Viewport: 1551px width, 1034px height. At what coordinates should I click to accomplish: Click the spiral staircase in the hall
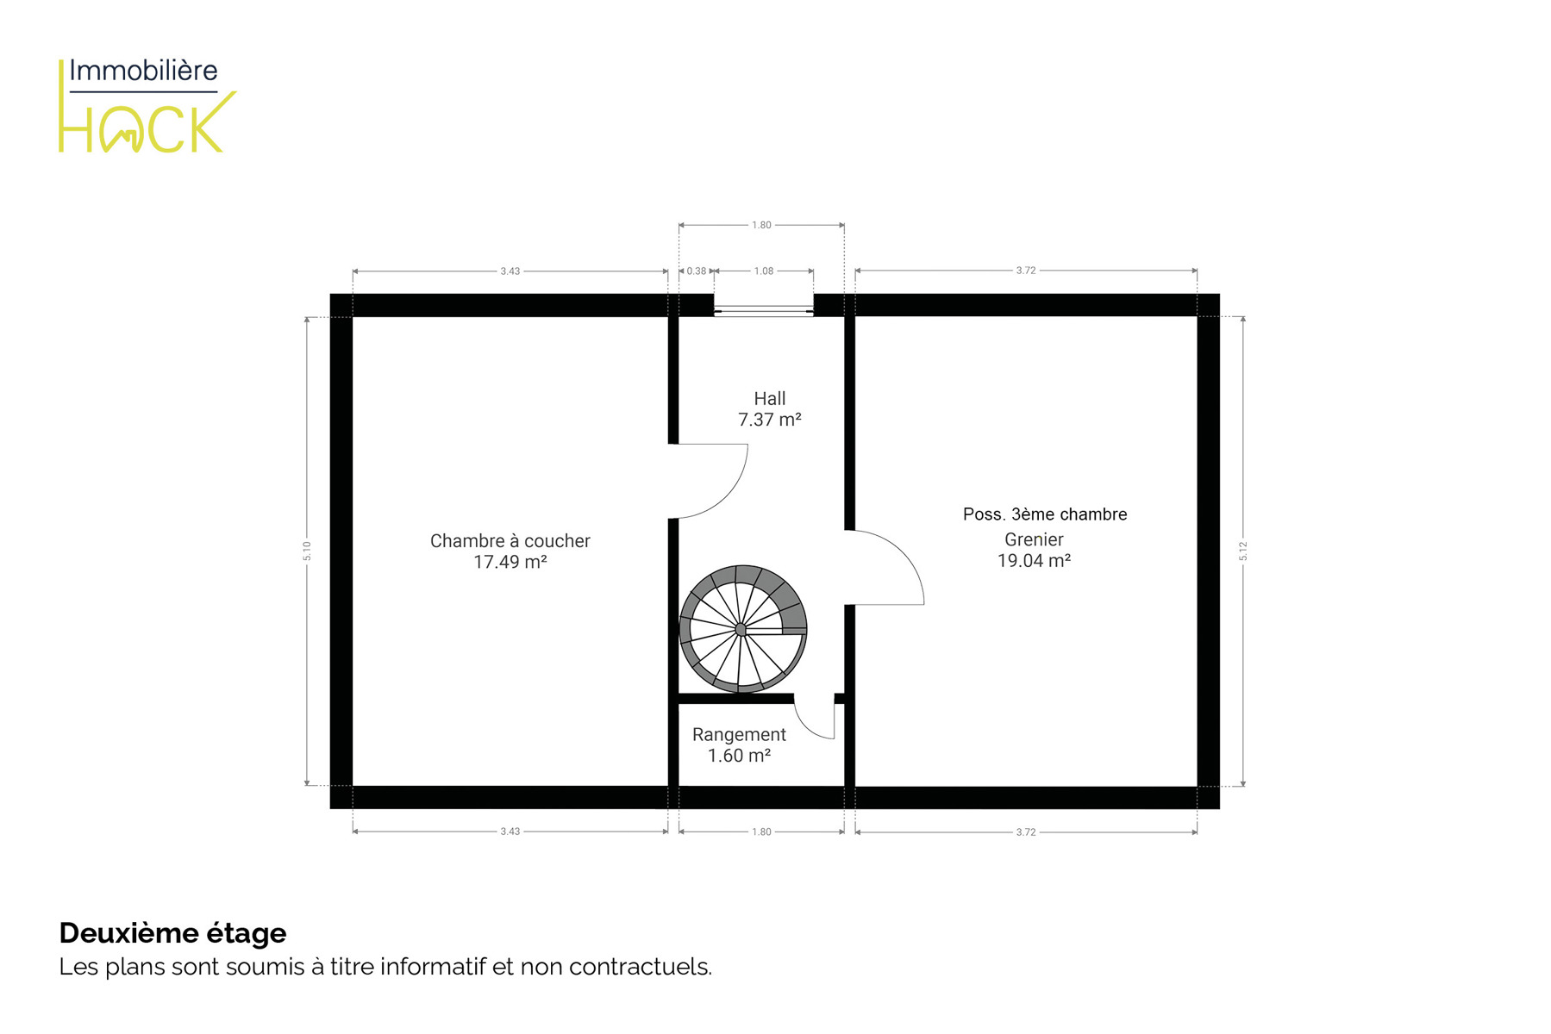742,629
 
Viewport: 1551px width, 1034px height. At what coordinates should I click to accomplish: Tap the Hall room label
770,398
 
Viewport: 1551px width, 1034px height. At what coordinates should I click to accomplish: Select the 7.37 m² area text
770,420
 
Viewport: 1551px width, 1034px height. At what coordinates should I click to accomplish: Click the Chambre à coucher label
510,541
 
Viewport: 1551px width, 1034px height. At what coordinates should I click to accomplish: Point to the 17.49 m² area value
510,562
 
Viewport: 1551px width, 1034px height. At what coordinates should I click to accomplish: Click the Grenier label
1034,539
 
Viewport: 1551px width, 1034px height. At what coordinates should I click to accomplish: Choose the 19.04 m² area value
1034,561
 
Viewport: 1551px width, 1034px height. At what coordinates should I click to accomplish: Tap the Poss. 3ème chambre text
1045,514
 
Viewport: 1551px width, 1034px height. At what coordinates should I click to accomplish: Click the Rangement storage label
739,735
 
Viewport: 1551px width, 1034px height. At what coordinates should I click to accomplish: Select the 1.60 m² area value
739,756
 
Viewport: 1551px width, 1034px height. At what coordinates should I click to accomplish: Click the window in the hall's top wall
764,306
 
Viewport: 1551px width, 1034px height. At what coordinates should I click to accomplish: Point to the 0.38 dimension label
697,271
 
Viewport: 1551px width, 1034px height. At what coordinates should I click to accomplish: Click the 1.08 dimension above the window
764,271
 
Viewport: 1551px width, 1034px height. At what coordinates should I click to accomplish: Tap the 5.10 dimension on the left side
307,551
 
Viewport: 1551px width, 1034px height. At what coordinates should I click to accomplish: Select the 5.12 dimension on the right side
1243,551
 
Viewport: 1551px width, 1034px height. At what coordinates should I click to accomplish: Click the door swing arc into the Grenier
903,554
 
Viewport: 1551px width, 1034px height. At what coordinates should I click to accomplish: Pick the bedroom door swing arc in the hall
726,497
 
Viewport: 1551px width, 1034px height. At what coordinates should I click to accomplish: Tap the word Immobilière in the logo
143,71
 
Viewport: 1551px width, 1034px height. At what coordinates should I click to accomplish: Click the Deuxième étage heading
172,933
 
